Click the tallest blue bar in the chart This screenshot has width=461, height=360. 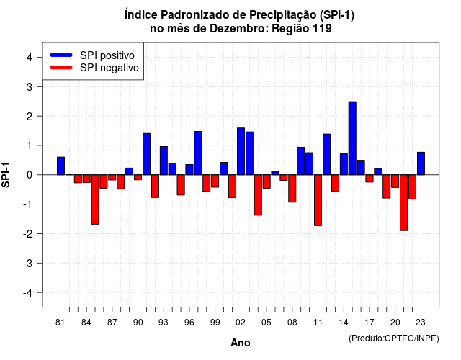pyautogui.click(x=352, y=138)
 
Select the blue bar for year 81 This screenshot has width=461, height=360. pyautogui.click(x=61, y=166)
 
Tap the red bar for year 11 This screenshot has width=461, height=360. pyautogui.click(x=318, y=200)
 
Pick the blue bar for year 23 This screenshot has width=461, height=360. pyautogui.click(x=421, y=163)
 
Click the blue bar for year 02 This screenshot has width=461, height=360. pyautogui.click(x=241, y=151)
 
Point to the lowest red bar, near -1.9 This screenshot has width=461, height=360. pyautogui.click(x=403, y=203)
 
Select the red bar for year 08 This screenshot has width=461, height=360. pyautogui.click(x=292, y=189)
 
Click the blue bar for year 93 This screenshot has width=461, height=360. pyautogui.click(x=164, y=161)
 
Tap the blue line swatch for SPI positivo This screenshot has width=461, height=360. pyautogui.click(x=61, y=55)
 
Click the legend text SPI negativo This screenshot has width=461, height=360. pyautogui.click(x=109, y=68)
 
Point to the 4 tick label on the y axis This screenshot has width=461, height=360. pyautogui.click(x=30, y=58)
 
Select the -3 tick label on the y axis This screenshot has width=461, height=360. pyautogui.click(x=27, y=263)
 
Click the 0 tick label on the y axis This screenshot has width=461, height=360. pyautogui.click(x=30, y=175)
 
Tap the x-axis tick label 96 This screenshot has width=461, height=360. pyautogui.click(x=189, y=323)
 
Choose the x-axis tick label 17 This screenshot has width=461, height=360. pyautogui.click(x=370, y=323)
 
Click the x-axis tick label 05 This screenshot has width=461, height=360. pyautogui.click(x=267, y=323)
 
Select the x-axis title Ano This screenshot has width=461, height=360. pyautogui.click(x=241, y=343)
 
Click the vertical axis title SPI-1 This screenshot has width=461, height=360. pyautogui.click(x=6, y=175)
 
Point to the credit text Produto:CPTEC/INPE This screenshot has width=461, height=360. pyautogui.click(x=394, y=338)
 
